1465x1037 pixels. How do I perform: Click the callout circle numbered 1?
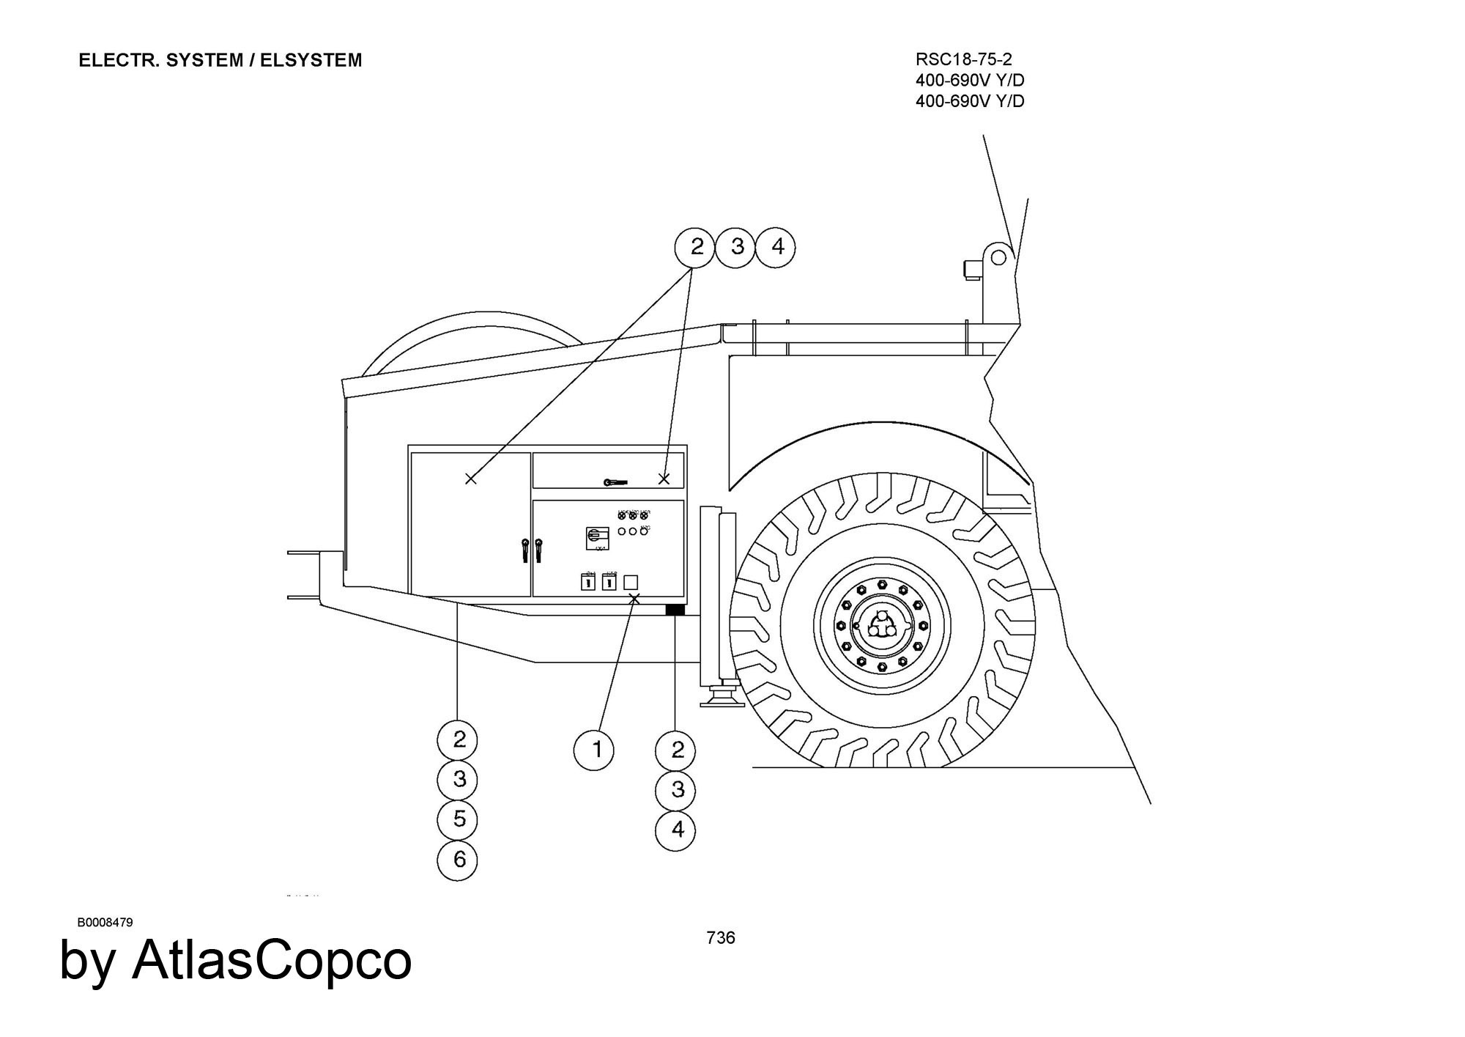(x=596, y=750)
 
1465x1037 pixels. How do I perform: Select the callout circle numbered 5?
(x=459, y=819)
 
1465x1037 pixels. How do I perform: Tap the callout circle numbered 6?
(x=459, y=859)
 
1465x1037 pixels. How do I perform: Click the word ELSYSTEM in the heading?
(x=311, y=60)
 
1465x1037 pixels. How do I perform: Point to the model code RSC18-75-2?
(x=963, y=59)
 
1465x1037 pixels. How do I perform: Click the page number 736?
(x=721, y=937)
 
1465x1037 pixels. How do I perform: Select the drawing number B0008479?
(x=105, y=922)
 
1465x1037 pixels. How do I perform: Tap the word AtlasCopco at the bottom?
(x=272, y=959)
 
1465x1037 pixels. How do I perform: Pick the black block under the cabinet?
(x=675, y=610)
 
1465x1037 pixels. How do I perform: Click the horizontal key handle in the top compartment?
(x=616, y=481)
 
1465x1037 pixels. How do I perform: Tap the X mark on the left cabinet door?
(x=471, y=479)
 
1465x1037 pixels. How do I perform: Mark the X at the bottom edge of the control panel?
(x=634, y=599)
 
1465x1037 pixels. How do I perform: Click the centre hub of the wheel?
(x=882, y=625)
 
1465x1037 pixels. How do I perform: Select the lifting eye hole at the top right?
(x=998, y=257)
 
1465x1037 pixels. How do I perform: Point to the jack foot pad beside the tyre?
(x=720, y=703)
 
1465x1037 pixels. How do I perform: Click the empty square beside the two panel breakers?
(x=630, y=583)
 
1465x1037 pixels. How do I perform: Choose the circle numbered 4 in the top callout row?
(x=777, y=247)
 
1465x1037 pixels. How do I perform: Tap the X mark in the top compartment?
(x=664, y=479)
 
